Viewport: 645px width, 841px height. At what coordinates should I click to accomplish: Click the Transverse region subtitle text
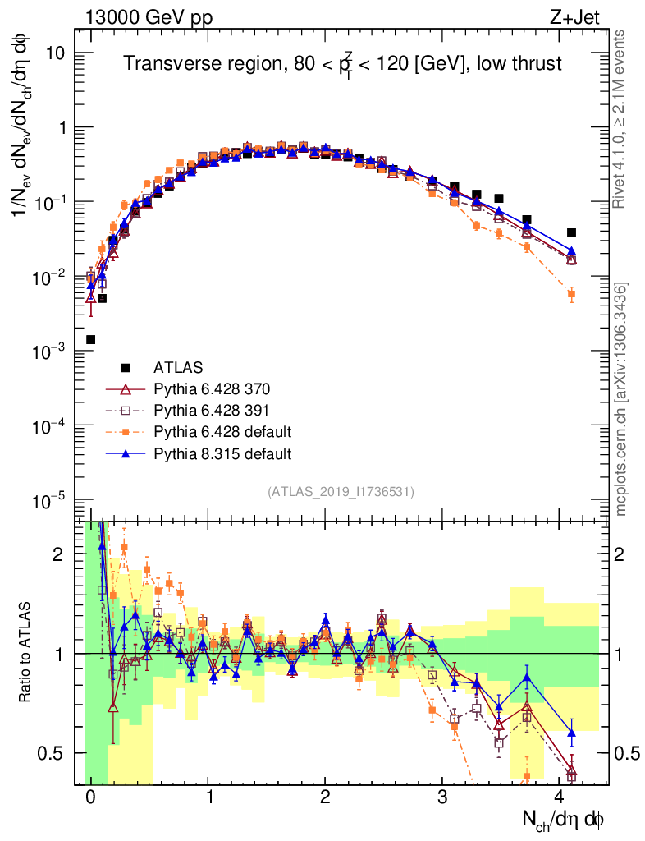[342, 64]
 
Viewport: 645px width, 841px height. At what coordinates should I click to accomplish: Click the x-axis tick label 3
[443, 797]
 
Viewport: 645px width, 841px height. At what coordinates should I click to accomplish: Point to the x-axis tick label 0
[90, 797]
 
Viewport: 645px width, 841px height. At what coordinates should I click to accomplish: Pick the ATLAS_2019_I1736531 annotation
[341, 492]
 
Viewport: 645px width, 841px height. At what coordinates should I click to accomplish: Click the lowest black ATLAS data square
[90, 339]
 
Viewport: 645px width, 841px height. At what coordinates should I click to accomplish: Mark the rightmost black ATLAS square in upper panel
[572, 232]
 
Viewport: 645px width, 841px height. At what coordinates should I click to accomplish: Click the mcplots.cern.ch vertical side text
[621, 399]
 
